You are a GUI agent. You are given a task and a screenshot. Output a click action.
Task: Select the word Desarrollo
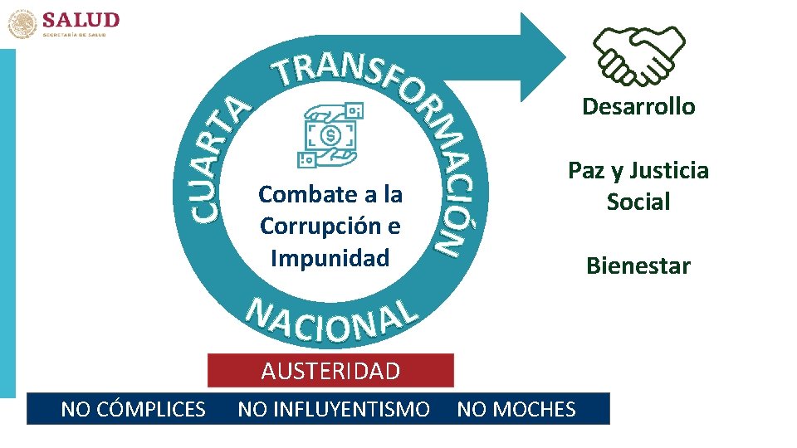click(x=638, y=107)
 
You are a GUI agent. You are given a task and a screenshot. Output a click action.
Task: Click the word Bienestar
click(x=638, y=266)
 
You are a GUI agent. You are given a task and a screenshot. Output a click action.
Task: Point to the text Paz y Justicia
click(x=638, y=171)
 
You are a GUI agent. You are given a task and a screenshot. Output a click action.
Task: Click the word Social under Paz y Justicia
click(x=638, y=202)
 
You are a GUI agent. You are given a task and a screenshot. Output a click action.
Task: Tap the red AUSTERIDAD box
click(x=330, y=371)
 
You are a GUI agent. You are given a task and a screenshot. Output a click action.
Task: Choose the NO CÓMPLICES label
click(x=134, y=409)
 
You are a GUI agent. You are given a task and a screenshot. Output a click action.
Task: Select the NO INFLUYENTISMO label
click(x=334, y=409)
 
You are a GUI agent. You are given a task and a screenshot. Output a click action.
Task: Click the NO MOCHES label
click(x=516, y=409)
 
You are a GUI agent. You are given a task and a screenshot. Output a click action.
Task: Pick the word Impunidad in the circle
click(x=330, y=258)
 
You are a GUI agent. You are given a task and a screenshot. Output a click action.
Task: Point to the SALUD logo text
click(x=81, y=20)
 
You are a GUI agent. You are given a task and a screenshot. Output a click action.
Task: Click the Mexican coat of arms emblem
click(x=22, y=23)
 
